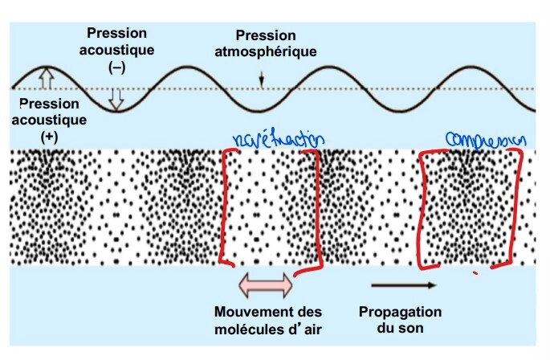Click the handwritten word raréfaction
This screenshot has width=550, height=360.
(276, 139)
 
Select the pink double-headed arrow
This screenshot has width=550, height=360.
(267, 283)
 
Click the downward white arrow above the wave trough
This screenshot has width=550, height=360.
(116, 98)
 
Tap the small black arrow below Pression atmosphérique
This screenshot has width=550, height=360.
(261, 78)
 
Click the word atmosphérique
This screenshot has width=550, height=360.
(266, 51)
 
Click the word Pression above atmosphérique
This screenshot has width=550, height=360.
(266, 36)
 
